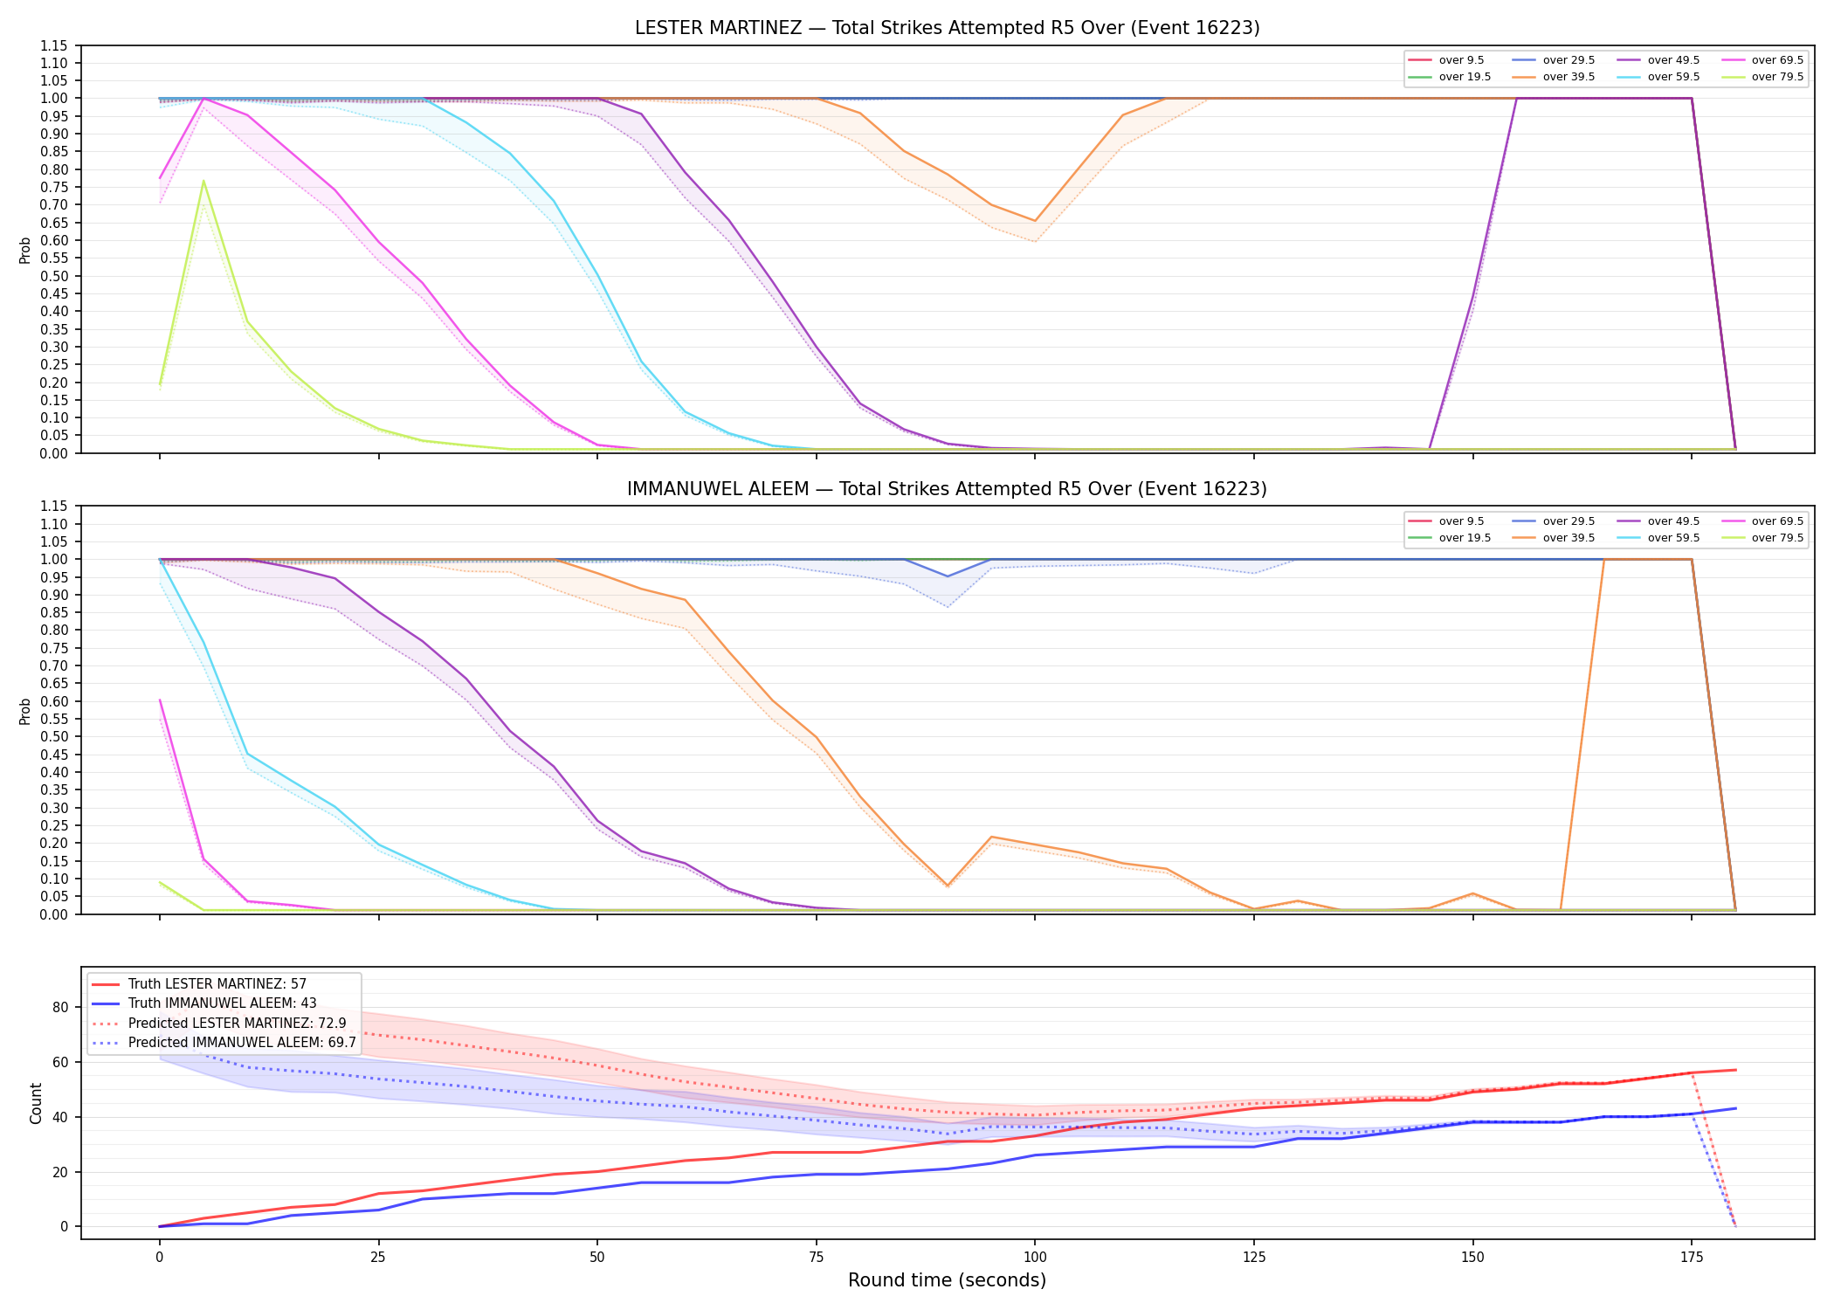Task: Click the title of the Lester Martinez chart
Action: pyautogui.click(x=947, y=28)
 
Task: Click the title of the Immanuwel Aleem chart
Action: pyautogui.click(x=947, y=489)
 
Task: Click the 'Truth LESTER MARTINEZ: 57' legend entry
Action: pyautogui.click(x=199, y=984)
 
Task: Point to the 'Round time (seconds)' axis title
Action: pyautogui.click(x=947, y=1280)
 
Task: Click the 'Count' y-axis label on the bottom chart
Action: pyautogui.click(x=36, y=1103)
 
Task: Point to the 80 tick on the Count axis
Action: pyautogui.click(x=60, y=1007)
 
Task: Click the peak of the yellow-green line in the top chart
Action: pyautogui.click(x=203, y=181)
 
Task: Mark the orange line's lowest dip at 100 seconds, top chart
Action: pyautogui.click(x=1035, y=221)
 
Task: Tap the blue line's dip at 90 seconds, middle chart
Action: pyautogui.click(x=948, y=576)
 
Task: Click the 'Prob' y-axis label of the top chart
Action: pyautogui.click(x=25, y=251)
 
